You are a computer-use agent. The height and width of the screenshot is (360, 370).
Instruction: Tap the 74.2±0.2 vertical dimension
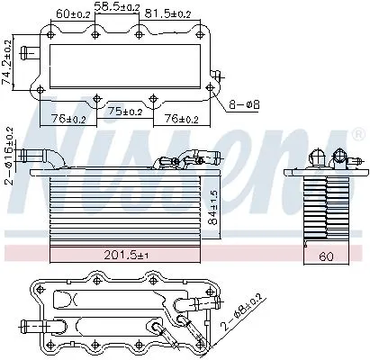pyautogui.click(x=9, y=60)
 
